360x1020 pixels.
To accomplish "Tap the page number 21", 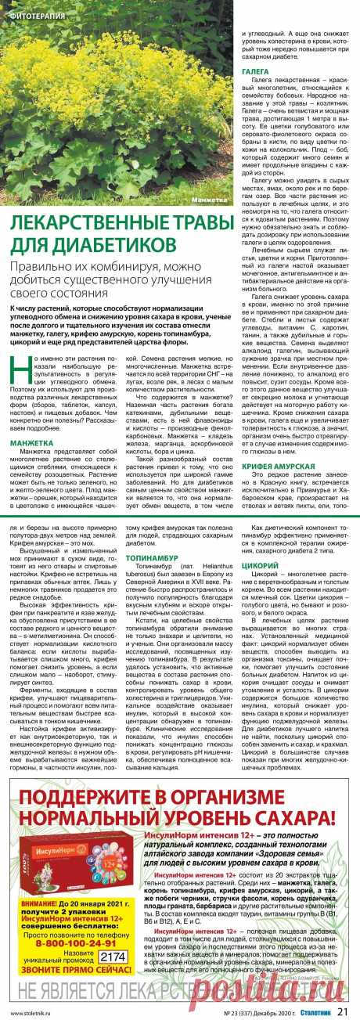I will pyautogui.click(x=344, y=1011).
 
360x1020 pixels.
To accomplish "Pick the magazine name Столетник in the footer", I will pyautogui.click(x=316, y=1011).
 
